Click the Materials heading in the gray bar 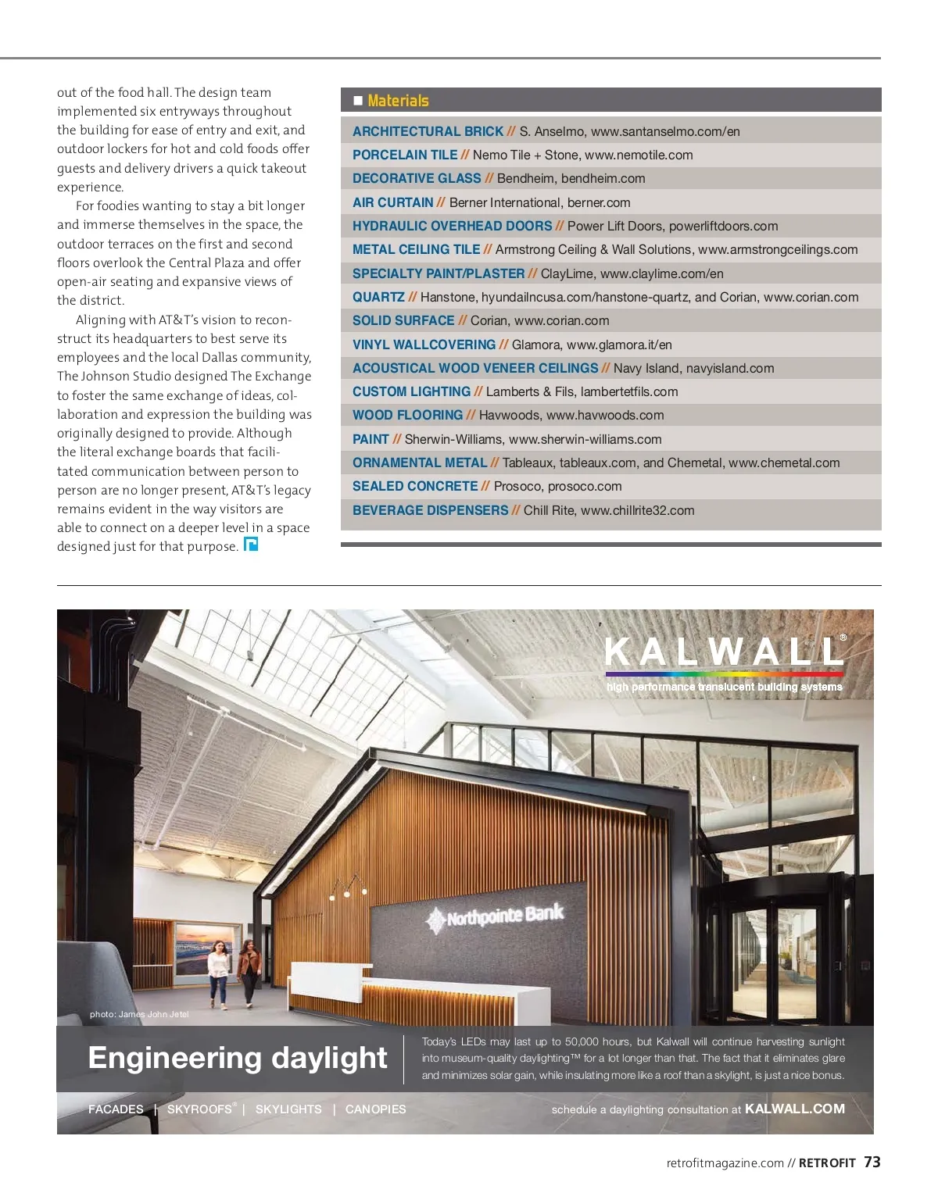398,101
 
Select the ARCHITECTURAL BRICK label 428,131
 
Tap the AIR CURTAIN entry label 392,202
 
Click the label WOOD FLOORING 407,416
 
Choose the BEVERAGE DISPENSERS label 430,510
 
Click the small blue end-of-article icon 251,545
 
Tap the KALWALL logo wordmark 724,652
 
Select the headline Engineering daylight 238,1058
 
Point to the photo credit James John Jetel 139,1014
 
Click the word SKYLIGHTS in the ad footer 288,1109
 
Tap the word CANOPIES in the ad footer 375,1109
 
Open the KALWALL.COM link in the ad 794,1109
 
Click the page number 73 872,1163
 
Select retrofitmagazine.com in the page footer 725,1163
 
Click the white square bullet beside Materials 358,101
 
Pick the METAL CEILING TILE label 416,249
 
